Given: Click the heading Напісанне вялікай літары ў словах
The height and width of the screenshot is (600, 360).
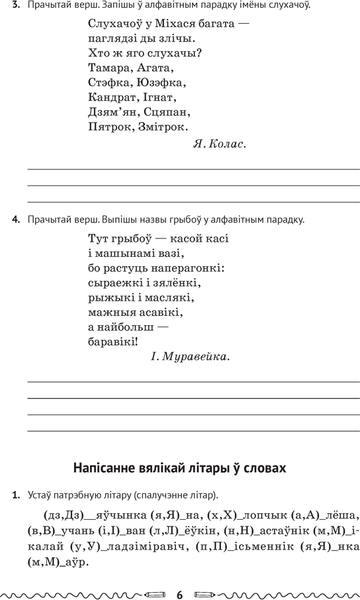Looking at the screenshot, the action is [180, 468].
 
